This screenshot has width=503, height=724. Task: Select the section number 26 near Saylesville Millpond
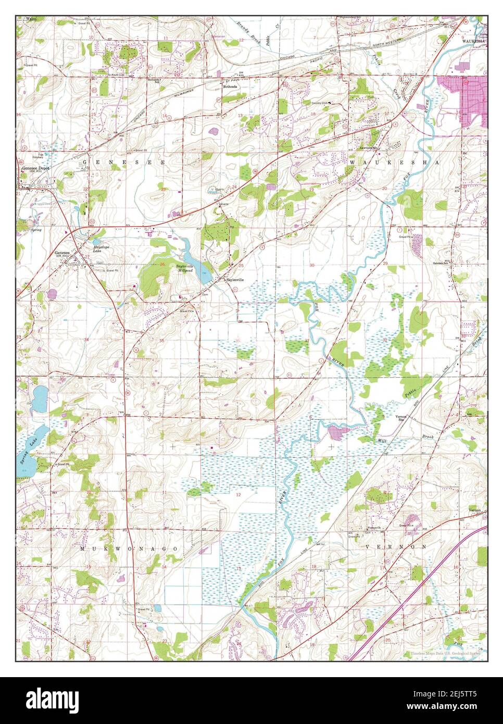coord(162,265)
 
